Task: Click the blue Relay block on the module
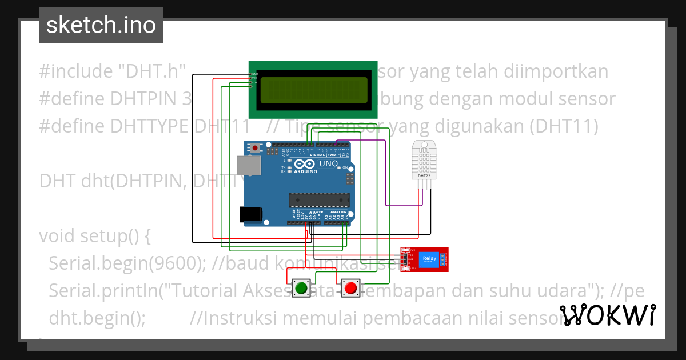coord(429,259)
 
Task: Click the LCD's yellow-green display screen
coord(313,90)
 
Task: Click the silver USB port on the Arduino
coord(250,166)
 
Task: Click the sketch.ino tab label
coord(101,25)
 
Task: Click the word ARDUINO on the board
coord(306,171)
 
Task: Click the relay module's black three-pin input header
coord(404,260)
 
